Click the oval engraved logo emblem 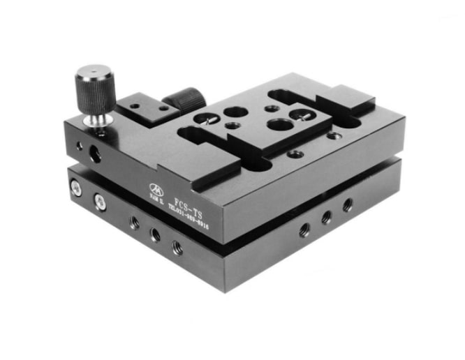coord(156,187)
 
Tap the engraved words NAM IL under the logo coord(156,197)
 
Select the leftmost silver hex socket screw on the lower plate coord(75,186)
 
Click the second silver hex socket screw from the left coord(99,202)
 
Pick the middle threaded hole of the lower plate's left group coord(155,235)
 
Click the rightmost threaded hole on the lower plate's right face coord(347,205)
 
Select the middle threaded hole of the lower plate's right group coord(325,217)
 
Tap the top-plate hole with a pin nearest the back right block coord(304,112)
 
